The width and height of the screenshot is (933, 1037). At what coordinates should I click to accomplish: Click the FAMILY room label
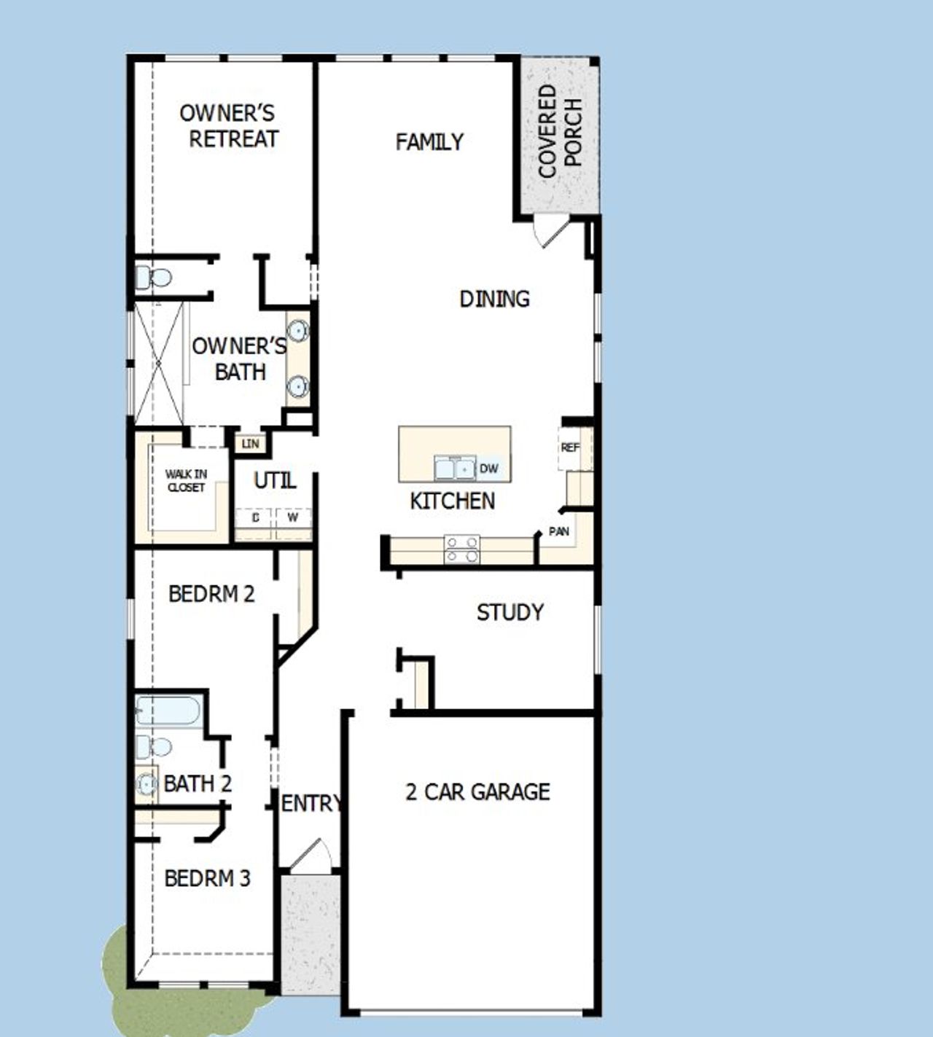click(429, 142)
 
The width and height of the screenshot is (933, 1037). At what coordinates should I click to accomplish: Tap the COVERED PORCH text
click(561, 131)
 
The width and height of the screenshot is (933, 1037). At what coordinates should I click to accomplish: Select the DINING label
click(494, 299)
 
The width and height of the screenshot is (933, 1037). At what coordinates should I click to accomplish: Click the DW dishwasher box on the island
click(489, 469)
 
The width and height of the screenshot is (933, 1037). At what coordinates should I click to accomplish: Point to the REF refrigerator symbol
click(570, 447)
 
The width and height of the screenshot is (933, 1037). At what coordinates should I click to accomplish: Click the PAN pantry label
click(559, 531)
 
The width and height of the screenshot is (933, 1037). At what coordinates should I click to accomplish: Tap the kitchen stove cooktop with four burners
click(462, 549)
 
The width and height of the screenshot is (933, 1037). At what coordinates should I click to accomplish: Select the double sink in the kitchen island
click(455, 468)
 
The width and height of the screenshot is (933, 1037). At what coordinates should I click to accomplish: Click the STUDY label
click(510, 612)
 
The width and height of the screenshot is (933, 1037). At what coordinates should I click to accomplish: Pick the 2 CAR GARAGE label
click(477, 792)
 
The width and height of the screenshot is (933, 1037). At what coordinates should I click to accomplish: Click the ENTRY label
click(311, 803)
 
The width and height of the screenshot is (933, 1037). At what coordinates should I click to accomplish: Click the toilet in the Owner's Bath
click(153, 278)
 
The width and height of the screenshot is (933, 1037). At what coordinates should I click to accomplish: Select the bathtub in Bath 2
click(168, 711)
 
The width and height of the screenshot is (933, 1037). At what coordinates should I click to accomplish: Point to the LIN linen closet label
click(250, 443)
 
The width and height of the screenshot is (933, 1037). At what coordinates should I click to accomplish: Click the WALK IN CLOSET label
click(186, 481)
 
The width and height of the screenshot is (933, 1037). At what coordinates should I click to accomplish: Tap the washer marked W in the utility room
click(293, 517)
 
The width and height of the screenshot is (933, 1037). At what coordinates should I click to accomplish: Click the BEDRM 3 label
click(207, 879)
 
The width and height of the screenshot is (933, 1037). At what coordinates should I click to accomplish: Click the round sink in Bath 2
click(147, 784)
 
